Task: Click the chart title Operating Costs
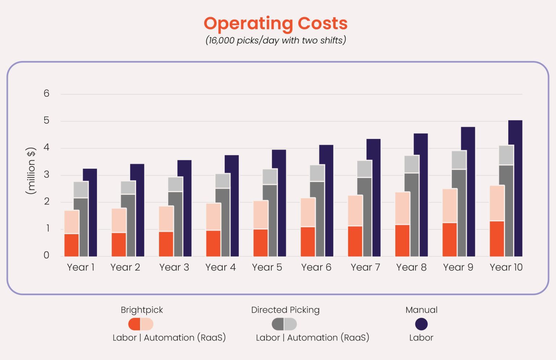click(275, 24)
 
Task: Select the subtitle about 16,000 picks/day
click(275, 40)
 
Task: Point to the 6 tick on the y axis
click(46, 94)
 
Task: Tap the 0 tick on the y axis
click(46, 255)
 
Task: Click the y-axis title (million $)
click(31, 171)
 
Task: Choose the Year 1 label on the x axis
click(80, 267)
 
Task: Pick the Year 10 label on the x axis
click(506, 267)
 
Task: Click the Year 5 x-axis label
click(267, 267)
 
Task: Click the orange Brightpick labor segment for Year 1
click(72, 245)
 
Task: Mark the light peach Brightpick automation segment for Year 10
click(497, 203)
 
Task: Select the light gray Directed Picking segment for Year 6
click(317, 173)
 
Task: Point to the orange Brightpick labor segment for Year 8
click(402, 241)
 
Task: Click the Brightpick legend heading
click(142, 310)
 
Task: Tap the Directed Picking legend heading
click(285, 310)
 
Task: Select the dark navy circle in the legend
click(421, 324)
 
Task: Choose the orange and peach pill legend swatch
click(141, 324)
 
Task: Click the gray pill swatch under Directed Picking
click(284, 324)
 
